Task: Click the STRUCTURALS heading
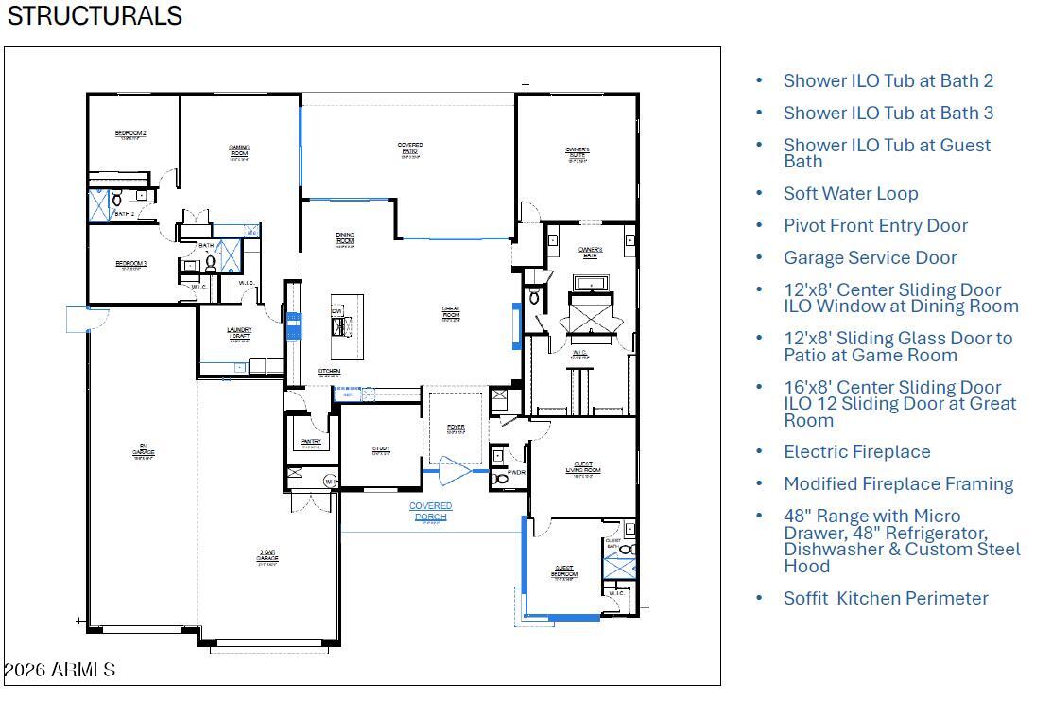[95, 15]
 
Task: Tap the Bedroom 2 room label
[130, 134]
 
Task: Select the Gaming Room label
[239, 151]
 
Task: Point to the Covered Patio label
[410, 149]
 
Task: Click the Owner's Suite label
[578, 153]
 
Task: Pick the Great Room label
[451, 313]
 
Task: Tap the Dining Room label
[345, 239]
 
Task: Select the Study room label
[381, 450]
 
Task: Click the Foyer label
[456, 429]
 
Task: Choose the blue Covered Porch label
[430, 511]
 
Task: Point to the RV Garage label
[144, 451]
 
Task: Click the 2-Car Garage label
[267, 558]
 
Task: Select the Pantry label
[311, 443]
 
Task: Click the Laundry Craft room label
[239, 333]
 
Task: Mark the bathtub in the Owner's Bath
[590, 283]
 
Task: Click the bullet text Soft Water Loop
[850, 193]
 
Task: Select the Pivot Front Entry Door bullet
[874, 225]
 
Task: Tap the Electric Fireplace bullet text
[856, 451]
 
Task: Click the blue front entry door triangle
[457, 470]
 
